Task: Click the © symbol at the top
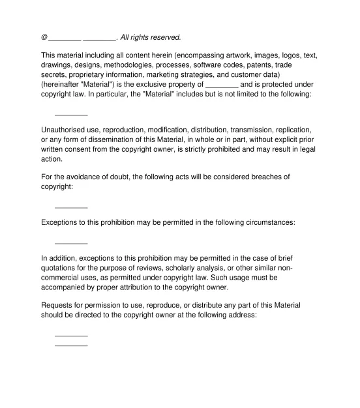pyautogui.click(x=44, y=37)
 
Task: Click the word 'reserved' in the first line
pyautogui.click(x=163, y=37)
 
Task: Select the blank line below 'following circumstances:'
pyautogui.click(x=71, y=242)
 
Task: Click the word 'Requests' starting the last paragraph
pyautogui.click(x=59, y=304)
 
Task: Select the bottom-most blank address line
pyautogui.click(x=71, y=345)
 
